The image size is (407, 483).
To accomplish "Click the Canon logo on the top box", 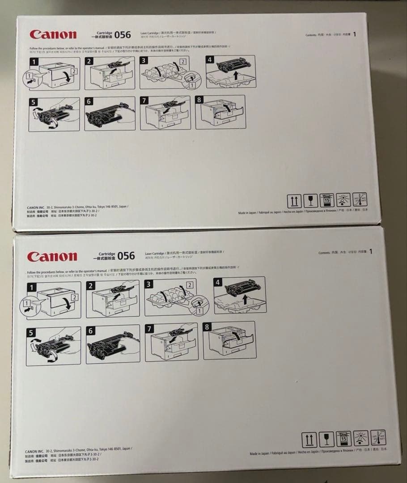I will tap(53, 35).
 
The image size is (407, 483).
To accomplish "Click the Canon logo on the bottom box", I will tap(52, 257).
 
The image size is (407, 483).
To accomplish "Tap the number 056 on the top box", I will tap(123, 34).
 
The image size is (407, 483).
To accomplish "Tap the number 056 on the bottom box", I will tap(126, 256).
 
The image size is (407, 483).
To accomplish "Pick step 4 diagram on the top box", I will tap(231, 72).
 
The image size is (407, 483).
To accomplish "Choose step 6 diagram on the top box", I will tap(110, 114).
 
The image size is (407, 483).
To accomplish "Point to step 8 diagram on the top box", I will tap(220, 112).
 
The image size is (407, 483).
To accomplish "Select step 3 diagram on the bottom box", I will tap(174, 297).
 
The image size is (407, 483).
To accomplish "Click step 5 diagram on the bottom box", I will tap(53, 346).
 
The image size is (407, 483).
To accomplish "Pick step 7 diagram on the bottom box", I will tap(171, 342).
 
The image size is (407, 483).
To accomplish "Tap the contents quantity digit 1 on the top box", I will tap(354, 34).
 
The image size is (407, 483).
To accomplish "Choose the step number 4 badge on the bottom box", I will tap(218, 283).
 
